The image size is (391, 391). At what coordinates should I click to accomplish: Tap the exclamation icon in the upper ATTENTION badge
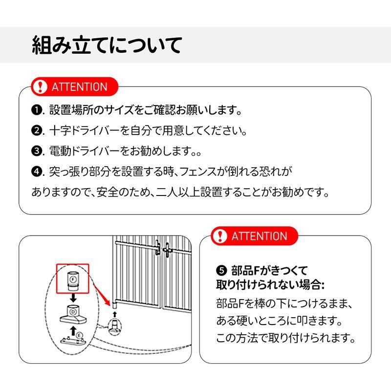point(40,87)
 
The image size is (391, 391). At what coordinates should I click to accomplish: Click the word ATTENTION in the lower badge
point(259,236)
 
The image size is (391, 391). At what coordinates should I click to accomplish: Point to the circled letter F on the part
point(72,279)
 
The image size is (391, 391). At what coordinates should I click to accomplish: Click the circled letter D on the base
point(73,311)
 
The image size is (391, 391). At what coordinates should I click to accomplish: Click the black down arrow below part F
point(72,298)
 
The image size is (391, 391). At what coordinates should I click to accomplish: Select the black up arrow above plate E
point(73,332)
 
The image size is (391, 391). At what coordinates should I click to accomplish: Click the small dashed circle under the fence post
point(113,325)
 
